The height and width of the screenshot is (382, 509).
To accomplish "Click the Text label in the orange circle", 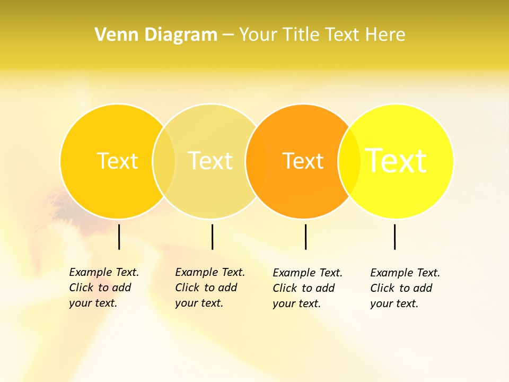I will (x=303, y=161).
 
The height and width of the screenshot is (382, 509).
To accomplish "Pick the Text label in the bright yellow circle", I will (x=396, y=161).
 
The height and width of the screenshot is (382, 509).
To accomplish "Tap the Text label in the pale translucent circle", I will (x=210, y=161).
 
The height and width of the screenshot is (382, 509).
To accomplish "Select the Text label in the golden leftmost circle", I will (x=117, y=161).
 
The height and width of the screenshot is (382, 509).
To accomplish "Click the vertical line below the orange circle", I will (x=305, y=237).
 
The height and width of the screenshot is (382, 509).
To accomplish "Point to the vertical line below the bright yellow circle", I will (x=394, y=237).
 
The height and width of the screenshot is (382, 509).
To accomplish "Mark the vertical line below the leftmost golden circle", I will (x=119, y=237).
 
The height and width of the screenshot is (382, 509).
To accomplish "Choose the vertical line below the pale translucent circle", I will (x=212, y=237).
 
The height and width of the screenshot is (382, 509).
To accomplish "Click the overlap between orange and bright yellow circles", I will (x=349, y=161).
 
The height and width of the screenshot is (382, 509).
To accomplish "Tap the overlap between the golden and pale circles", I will (x=164, y=161).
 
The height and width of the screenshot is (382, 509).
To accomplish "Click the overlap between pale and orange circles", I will (x=257, y=161).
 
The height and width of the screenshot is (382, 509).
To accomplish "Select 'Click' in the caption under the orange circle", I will (x=285, y=288).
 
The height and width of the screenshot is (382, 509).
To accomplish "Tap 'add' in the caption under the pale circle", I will (x=227, y=288).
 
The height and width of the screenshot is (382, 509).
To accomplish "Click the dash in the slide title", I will (x=228, y=35).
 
